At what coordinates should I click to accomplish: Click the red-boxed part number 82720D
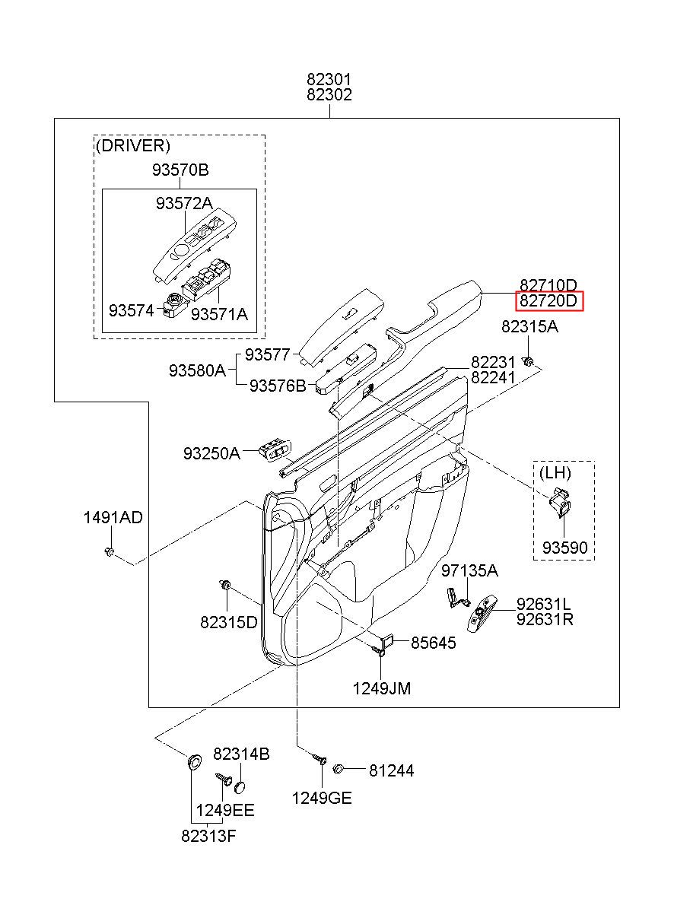[548, 301]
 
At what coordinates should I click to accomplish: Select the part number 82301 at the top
[329, 79]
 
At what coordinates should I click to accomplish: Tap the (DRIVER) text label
[133, 145]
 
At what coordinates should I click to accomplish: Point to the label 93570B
[180, 170]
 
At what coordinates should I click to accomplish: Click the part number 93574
[131, 310]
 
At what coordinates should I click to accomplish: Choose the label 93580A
[197, 371]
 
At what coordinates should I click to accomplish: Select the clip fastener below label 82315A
[528, 362]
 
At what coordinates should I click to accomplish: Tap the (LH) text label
[555, 473]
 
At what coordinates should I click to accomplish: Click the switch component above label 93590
[561, 503]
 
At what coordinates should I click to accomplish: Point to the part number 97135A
[469, 570]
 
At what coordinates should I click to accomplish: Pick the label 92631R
[545, 619]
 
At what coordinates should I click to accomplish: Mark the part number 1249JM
[382, 688]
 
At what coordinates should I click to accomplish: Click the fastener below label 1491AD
[110, 551]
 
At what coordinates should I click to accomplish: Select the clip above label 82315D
[226, 584]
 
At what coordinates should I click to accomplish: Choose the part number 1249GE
[322, 798]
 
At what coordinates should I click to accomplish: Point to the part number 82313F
[209, 836]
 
